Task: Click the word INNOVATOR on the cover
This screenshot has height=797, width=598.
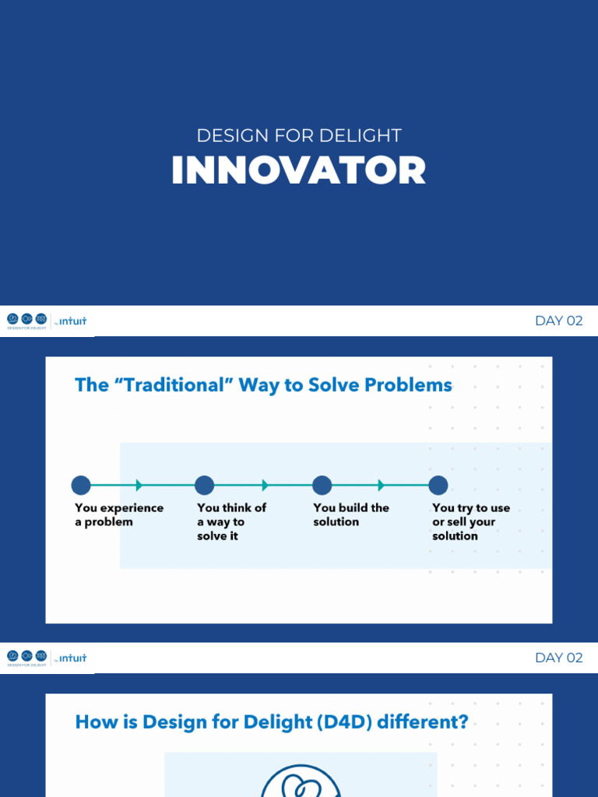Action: pos(298,171)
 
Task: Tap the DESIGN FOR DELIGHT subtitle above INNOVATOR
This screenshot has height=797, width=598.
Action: pos(298,135)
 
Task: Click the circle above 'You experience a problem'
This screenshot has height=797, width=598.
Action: pos(81,486)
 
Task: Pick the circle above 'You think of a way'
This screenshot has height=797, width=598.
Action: pos(204,486)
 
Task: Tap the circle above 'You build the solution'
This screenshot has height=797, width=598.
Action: pos(322,486)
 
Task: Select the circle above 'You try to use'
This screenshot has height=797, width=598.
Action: pos(438,486)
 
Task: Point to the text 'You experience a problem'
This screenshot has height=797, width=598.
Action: pos(118,514)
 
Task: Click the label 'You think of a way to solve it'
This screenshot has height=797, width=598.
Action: pos(231,521)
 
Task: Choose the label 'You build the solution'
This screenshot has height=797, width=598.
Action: pos(350,514)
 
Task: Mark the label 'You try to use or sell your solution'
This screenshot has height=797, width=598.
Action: pos(470,521)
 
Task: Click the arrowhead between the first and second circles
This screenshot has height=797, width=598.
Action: pos(139,486)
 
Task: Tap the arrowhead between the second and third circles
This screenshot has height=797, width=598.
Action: pos(265,486)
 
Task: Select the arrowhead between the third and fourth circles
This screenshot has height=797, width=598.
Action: pos(381,486)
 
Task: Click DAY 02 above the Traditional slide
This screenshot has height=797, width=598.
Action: pos(558,321)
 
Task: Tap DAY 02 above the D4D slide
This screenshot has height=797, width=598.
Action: pos(558,658)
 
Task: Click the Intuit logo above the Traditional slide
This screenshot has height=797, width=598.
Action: pos(72,321)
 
